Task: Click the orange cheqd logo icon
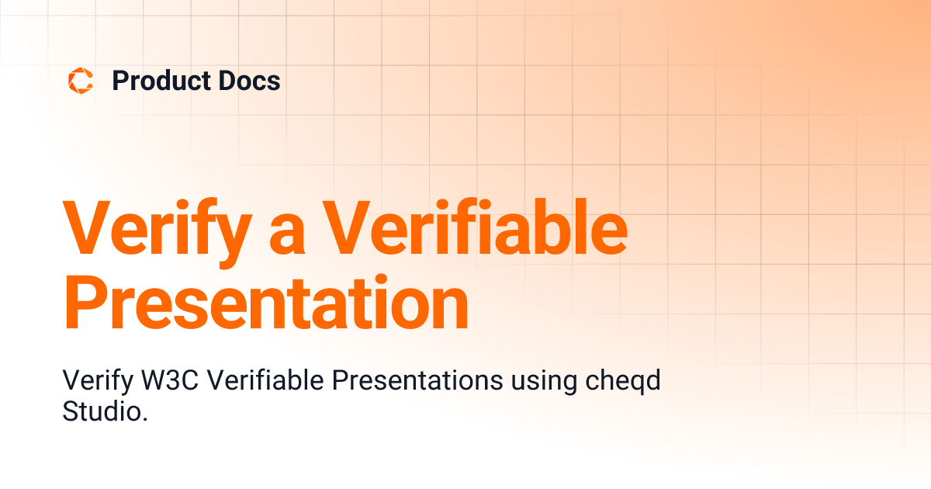80,81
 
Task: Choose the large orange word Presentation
266,299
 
